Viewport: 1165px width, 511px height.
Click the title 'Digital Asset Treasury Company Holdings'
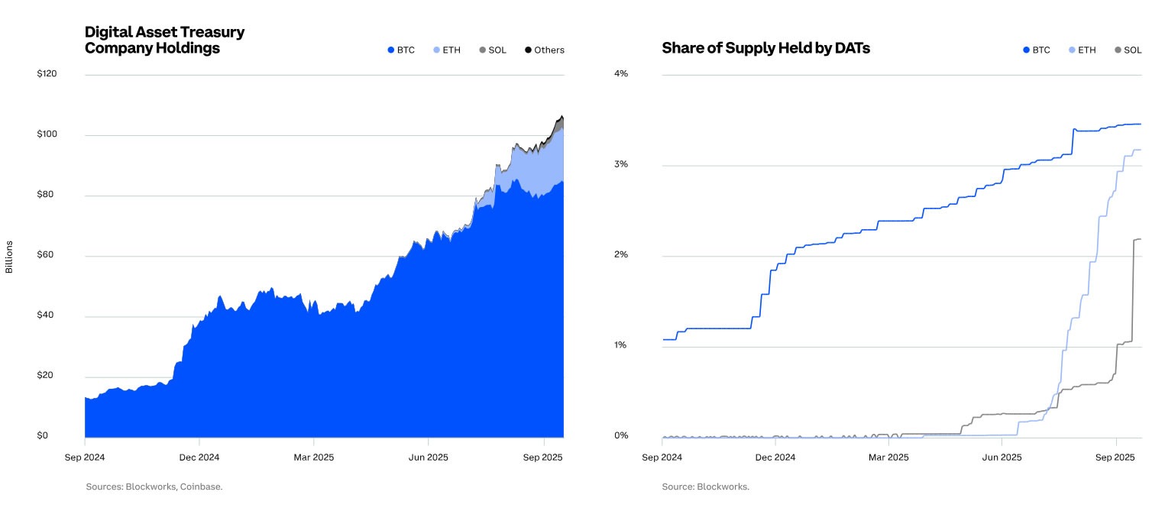click(x=164, y=40)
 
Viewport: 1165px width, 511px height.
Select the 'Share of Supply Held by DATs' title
click(x=765, y=48)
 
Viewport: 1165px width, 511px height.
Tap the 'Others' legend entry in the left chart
click(x=545, y=50)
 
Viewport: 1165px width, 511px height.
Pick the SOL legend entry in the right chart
click(x=1128, y=50)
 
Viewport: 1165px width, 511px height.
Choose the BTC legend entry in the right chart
click(x=1037, y=50)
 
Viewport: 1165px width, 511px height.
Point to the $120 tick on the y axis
click(x=48, y=74)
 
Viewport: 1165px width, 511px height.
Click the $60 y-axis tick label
click(x=47, y=254)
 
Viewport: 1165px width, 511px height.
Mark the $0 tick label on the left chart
click(x=43, y=436)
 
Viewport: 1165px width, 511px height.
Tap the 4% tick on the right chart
click(x=621, y=74)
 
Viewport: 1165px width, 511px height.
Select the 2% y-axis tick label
click(x=621, y=254)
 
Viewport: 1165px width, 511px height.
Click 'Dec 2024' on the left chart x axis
click(x=199, y=458)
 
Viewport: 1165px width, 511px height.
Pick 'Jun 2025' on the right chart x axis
click(x=1002, y=458)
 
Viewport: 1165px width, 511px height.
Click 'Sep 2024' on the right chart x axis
click(x=662, y=458)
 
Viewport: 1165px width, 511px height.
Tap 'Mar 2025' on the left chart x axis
click(x=313, y=458)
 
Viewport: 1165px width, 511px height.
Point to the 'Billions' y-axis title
click(x=9, y=257)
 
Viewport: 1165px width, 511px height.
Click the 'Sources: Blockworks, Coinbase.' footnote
click(x=154, y=487)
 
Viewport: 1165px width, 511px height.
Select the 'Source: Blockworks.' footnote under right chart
click(x=705, y=487)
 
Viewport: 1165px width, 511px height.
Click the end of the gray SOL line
click(x=1141, y=239)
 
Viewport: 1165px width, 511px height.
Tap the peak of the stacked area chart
click(x=561, y=116)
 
